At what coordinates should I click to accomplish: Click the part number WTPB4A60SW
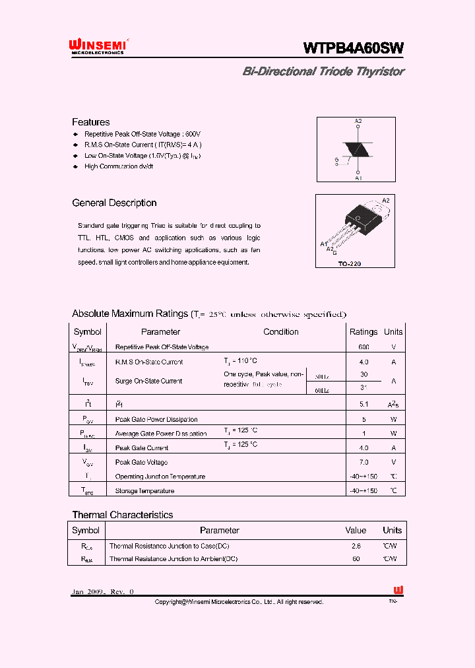(353, 48)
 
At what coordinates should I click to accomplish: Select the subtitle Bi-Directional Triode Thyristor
(323, 71)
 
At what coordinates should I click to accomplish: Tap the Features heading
(90, 122)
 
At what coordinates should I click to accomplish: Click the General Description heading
(114, 203)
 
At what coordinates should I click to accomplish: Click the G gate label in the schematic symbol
(336, 160)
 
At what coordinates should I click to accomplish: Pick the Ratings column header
(363, 332)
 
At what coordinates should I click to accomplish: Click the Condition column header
(281, 332)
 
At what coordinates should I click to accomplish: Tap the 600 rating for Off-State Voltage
(364, 347)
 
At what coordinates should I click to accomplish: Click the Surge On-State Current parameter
(148, 381)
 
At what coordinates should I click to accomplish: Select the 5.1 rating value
(364, 404)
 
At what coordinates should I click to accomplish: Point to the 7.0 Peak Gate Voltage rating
(364, 462)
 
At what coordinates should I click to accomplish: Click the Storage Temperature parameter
(144, 490)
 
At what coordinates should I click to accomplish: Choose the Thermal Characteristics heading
(122, 515)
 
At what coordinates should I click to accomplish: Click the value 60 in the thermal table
(356, 558)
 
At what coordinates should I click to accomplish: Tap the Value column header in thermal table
(356, 530)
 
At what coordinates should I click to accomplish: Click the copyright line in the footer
(239, 602)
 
